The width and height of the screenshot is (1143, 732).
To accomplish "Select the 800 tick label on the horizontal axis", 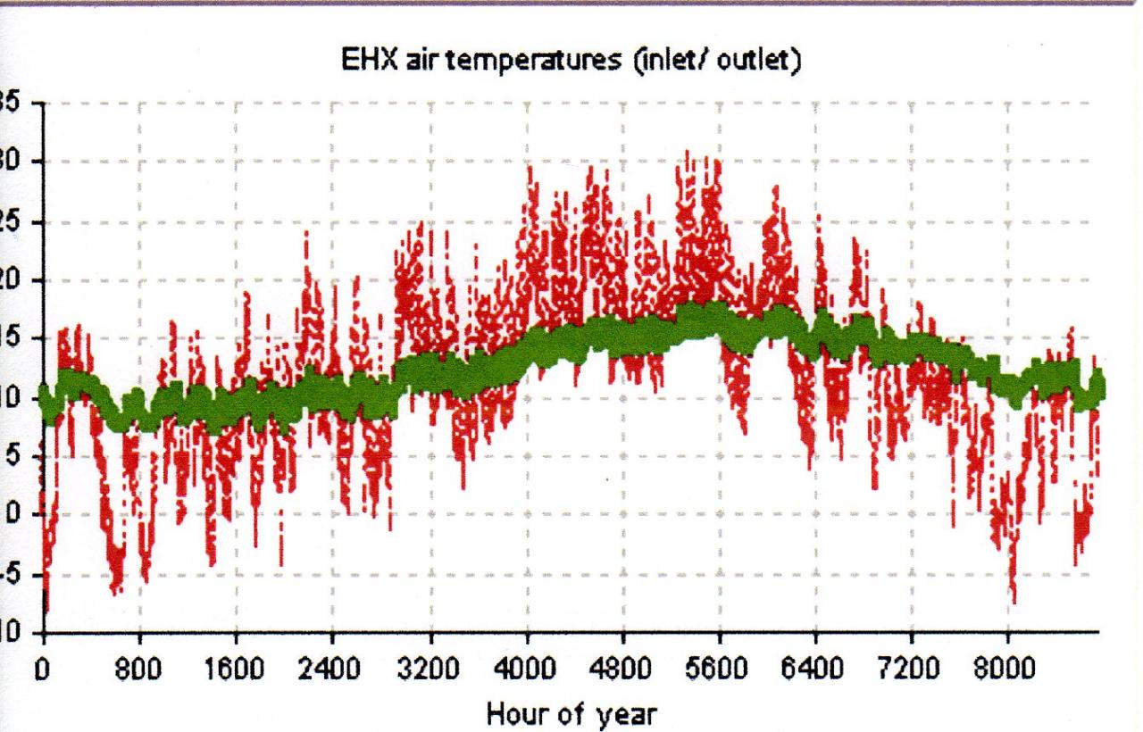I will click(x=138, y=668).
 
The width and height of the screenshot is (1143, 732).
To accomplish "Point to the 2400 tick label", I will click(x=332, y=668).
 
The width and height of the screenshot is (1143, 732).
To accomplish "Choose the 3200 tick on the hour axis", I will click(x=430, y=668).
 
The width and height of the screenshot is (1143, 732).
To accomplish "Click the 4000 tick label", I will click(x=527, y=668).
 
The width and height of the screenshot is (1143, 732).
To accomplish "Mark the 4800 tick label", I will click(x=623, y=668).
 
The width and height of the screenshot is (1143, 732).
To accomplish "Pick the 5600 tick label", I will click(x=719, y=668).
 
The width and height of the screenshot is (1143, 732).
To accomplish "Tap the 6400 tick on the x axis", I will click(x=815, y=668).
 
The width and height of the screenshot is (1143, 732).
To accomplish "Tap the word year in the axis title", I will click(x=609, y=715).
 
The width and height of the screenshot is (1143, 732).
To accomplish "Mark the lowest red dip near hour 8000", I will click(x=1014, y=601).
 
